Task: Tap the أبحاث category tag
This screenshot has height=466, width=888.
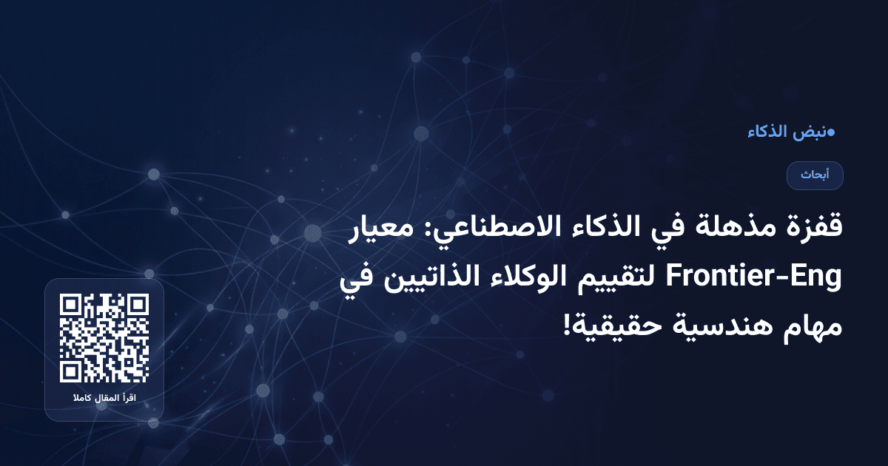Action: [815, 175]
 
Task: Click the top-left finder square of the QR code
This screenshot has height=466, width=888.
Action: [71, 305]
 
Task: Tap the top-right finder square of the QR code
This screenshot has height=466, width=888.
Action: [137, 305]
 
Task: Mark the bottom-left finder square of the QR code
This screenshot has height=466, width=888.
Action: [71, 371]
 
